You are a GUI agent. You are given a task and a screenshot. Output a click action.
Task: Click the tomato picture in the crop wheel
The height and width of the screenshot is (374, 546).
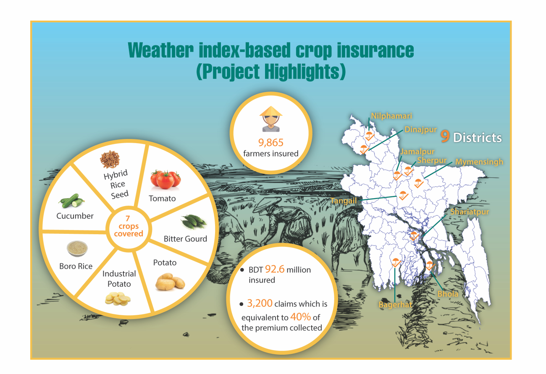click(165, 180)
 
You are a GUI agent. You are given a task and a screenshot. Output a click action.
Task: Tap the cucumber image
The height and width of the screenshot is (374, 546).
click(71, 201)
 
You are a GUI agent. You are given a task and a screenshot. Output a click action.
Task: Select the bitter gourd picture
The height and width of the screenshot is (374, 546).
click(194, 222)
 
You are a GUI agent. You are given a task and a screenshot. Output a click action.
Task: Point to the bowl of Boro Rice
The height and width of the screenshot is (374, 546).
click(77, 248)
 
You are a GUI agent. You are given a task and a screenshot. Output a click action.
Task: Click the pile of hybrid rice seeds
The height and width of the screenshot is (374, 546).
click(110, 160)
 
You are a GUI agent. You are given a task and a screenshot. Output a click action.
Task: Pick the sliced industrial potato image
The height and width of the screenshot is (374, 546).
click(118, 299)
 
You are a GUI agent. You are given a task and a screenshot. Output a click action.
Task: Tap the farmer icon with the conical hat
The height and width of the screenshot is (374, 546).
click(271, 119)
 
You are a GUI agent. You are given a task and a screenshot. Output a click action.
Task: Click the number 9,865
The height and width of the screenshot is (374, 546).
click(271, 143)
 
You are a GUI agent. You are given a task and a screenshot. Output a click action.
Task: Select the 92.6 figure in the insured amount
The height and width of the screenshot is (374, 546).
click(275, 269)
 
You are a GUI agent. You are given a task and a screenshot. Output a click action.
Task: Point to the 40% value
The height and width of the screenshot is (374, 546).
click(301, 317)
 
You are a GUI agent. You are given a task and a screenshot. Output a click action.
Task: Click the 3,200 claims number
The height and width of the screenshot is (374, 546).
click(260, 303)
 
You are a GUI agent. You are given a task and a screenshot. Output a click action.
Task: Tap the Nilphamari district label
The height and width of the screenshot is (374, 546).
click(391, 116)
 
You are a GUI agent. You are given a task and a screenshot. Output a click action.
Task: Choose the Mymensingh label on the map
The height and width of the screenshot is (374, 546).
click(479, 162)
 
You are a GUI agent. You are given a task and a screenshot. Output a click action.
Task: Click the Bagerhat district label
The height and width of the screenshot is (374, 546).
click(395, 305)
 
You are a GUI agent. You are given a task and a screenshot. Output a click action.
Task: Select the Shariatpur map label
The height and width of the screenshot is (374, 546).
click(470, 212)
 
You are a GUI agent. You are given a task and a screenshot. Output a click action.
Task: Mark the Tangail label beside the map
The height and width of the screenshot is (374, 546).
click(344, 201)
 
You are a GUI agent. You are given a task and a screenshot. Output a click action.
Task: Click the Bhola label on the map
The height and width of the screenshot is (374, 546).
click(448, 294)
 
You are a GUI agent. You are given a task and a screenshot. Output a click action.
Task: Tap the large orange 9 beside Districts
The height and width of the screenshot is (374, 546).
click(445, 136)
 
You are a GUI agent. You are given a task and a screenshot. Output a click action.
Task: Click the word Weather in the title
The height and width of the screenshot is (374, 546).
click(160, 50)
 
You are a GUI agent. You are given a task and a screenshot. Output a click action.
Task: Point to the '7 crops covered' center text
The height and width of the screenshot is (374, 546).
click(129, 226)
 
